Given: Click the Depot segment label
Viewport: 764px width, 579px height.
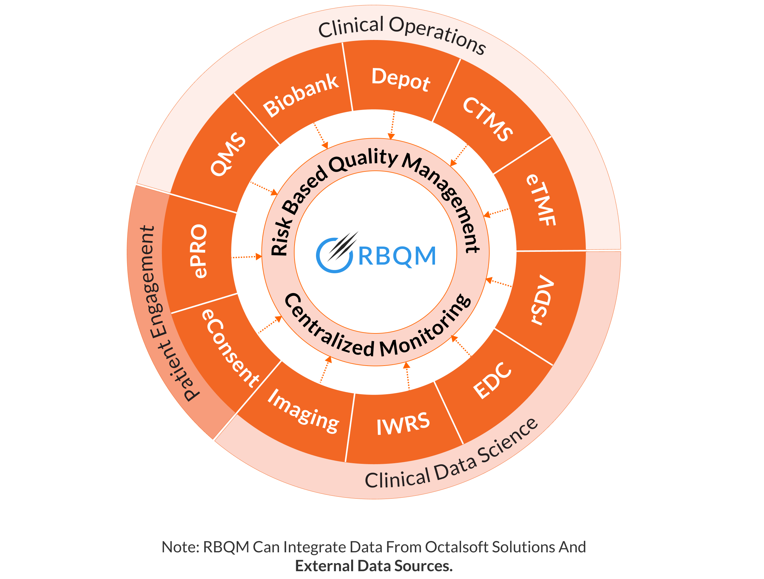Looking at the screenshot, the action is point(401,79).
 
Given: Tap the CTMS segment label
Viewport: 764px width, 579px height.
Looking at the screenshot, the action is point(488,119).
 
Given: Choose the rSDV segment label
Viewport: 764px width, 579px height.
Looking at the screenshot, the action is point(542,300).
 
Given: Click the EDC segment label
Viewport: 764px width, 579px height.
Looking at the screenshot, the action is point(492,381).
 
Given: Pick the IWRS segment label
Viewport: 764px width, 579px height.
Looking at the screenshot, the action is point(403,424).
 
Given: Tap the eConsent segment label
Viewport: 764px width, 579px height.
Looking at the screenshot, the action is point(231,348).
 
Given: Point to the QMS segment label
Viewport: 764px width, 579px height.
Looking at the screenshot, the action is point(228,154).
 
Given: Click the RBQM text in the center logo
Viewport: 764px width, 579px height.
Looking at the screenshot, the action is point(397,256).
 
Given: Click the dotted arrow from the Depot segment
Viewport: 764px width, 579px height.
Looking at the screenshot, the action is point(392,125).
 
